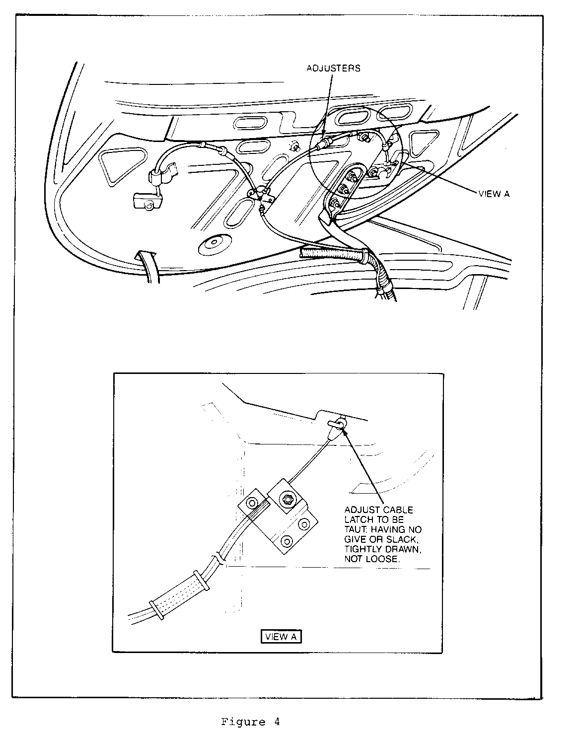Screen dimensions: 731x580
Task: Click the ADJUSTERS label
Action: [x=333, y=68]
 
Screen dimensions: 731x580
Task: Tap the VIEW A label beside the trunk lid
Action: [x=494, y=194]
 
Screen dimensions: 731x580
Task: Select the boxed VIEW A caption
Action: [x=281, y=637]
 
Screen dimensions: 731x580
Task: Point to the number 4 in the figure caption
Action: [x=276, y=722]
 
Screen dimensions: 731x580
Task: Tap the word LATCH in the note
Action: [x=359, y=519]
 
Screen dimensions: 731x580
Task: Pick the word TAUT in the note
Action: [x=354, y=529]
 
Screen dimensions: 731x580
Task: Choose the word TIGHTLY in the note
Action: [x=363, y=549]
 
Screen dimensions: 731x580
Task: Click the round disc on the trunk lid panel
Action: [x=213, y=243]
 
